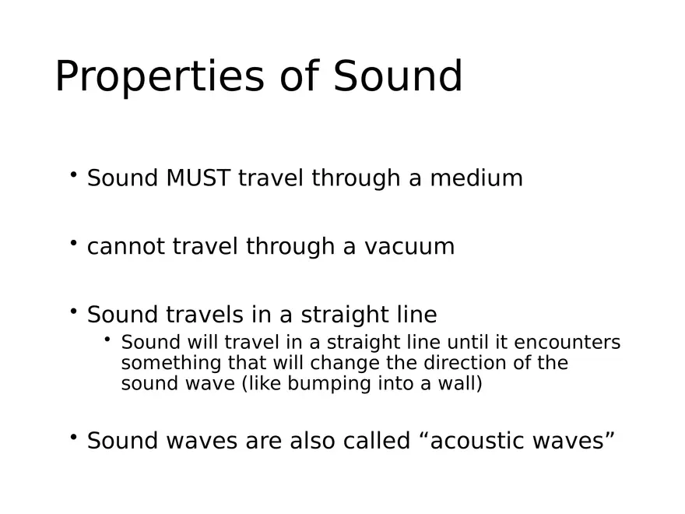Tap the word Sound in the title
click(x=398, y=76)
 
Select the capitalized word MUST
click(x=198, y=178)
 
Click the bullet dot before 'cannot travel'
click(x=73, y=244)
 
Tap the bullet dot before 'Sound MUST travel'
click(x=73, y=175)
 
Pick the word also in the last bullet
click(x=314, y=441)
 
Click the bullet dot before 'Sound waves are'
click(x=73, y=438)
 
